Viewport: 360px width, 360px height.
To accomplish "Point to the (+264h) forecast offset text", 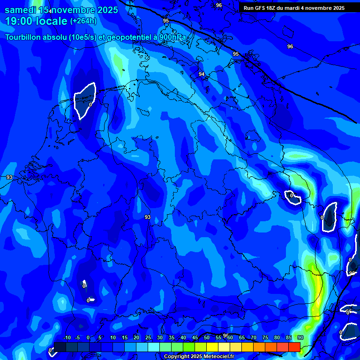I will coord(83,21).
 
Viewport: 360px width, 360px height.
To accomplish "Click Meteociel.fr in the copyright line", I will coord(214,357).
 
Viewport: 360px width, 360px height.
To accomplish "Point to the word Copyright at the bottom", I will coord(177,357).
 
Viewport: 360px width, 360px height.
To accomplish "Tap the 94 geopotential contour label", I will coord(202,75).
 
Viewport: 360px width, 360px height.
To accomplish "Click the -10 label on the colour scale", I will coord(67,338).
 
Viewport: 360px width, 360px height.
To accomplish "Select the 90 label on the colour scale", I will coord(300,338).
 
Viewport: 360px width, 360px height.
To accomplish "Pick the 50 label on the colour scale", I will coord(207,338).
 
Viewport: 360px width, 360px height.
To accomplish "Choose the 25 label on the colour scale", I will coord(148,338).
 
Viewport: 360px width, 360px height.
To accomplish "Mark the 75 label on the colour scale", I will coord(265,338).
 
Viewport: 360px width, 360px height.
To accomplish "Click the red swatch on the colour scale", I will coord(294,347).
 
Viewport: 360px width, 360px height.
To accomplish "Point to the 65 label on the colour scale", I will coord(242,338).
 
